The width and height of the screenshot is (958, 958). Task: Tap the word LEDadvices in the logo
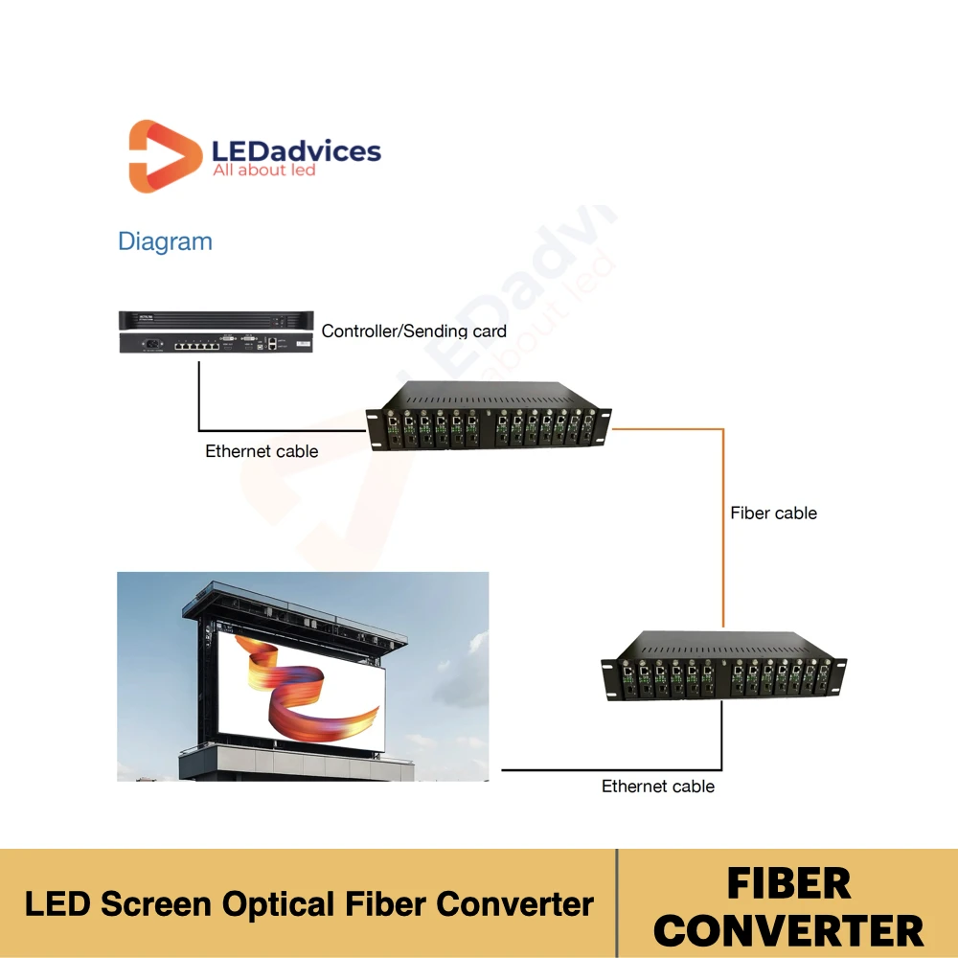[295, 151]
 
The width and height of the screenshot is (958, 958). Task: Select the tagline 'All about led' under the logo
[263, 171]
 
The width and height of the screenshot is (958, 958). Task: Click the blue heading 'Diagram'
[165, 241]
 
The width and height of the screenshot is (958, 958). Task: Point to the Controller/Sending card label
[414, 331]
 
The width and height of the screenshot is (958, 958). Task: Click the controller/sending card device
[216, 331]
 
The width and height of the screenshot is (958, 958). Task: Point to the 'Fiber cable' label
[773, 513]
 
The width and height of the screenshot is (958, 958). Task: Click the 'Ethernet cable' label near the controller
[262, 451]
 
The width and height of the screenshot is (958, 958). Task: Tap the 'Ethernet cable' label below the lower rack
[658, 787]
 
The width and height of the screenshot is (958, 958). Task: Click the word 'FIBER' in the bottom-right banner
[788, 884]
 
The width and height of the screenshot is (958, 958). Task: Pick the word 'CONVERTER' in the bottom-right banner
[788, 930]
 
